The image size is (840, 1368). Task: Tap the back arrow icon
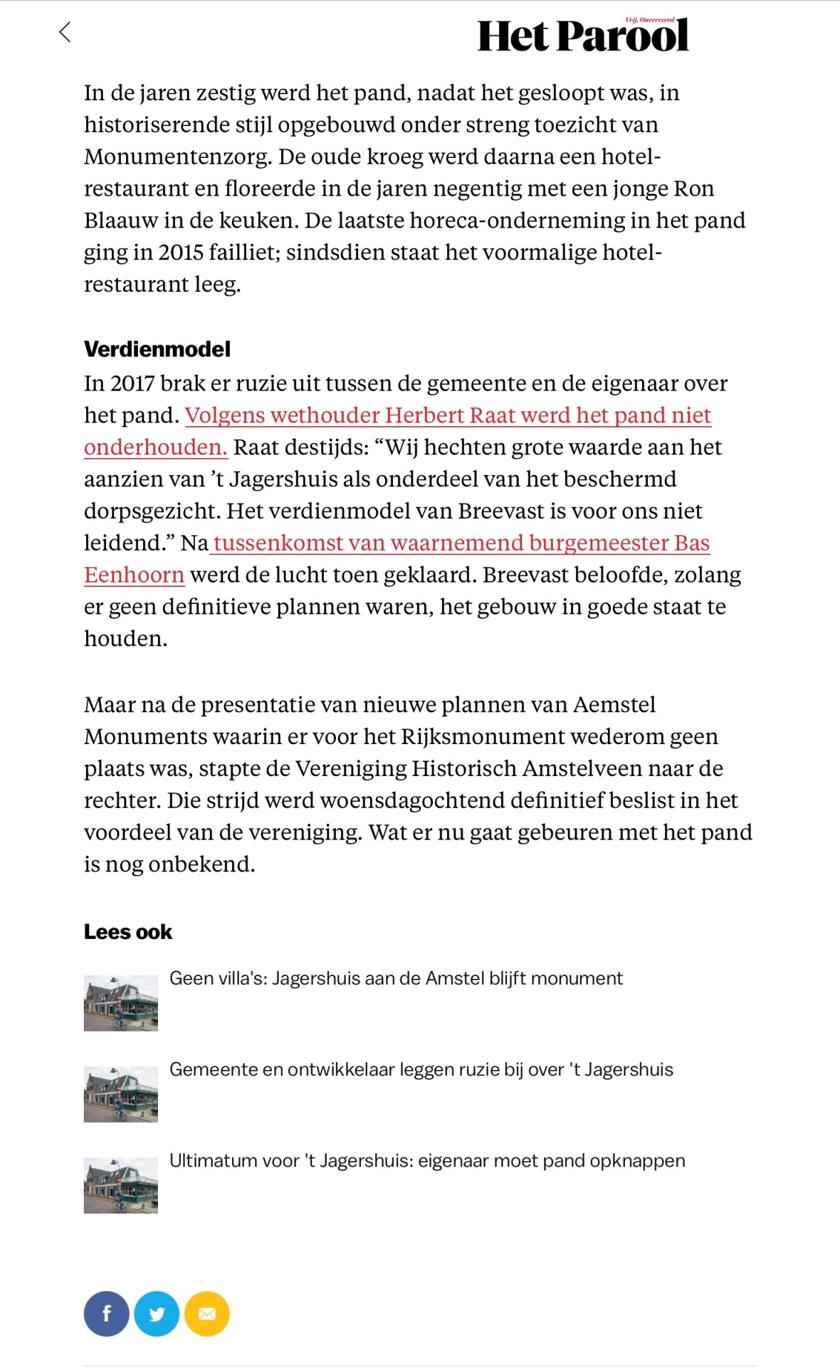point(65,32)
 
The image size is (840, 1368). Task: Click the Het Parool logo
point(582,36)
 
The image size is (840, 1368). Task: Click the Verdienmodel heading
point(157,349)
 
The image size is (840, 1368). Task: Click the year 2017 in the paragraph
point(132,383)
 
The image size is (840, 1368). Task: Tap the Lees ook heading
point(128,932)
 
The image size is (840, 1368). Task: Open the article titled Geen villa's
point(396,979)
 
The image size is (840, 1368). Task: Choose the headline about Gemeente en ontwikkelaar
point(421,1070)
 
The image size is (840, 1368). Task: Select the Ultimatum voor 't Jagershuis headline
point(427,1161)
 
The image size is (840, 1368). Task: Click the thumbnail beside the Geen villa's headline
point(121,1003)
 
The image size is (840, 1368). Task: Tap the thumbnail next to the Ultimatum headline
point(121,1185)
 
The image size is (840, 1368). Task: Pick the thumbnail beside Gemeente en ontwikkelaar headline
point(121,1094)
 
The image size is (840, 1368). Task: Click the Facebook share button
point(107,1314)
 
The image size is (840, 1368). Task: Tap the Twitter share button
point(157,1314)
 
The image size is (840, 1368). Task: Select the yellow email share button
point(207,1314)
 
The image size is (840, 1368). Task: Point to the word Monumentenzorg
point(178,157)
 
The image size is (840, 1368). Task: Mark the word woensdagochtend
point(413,801)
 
